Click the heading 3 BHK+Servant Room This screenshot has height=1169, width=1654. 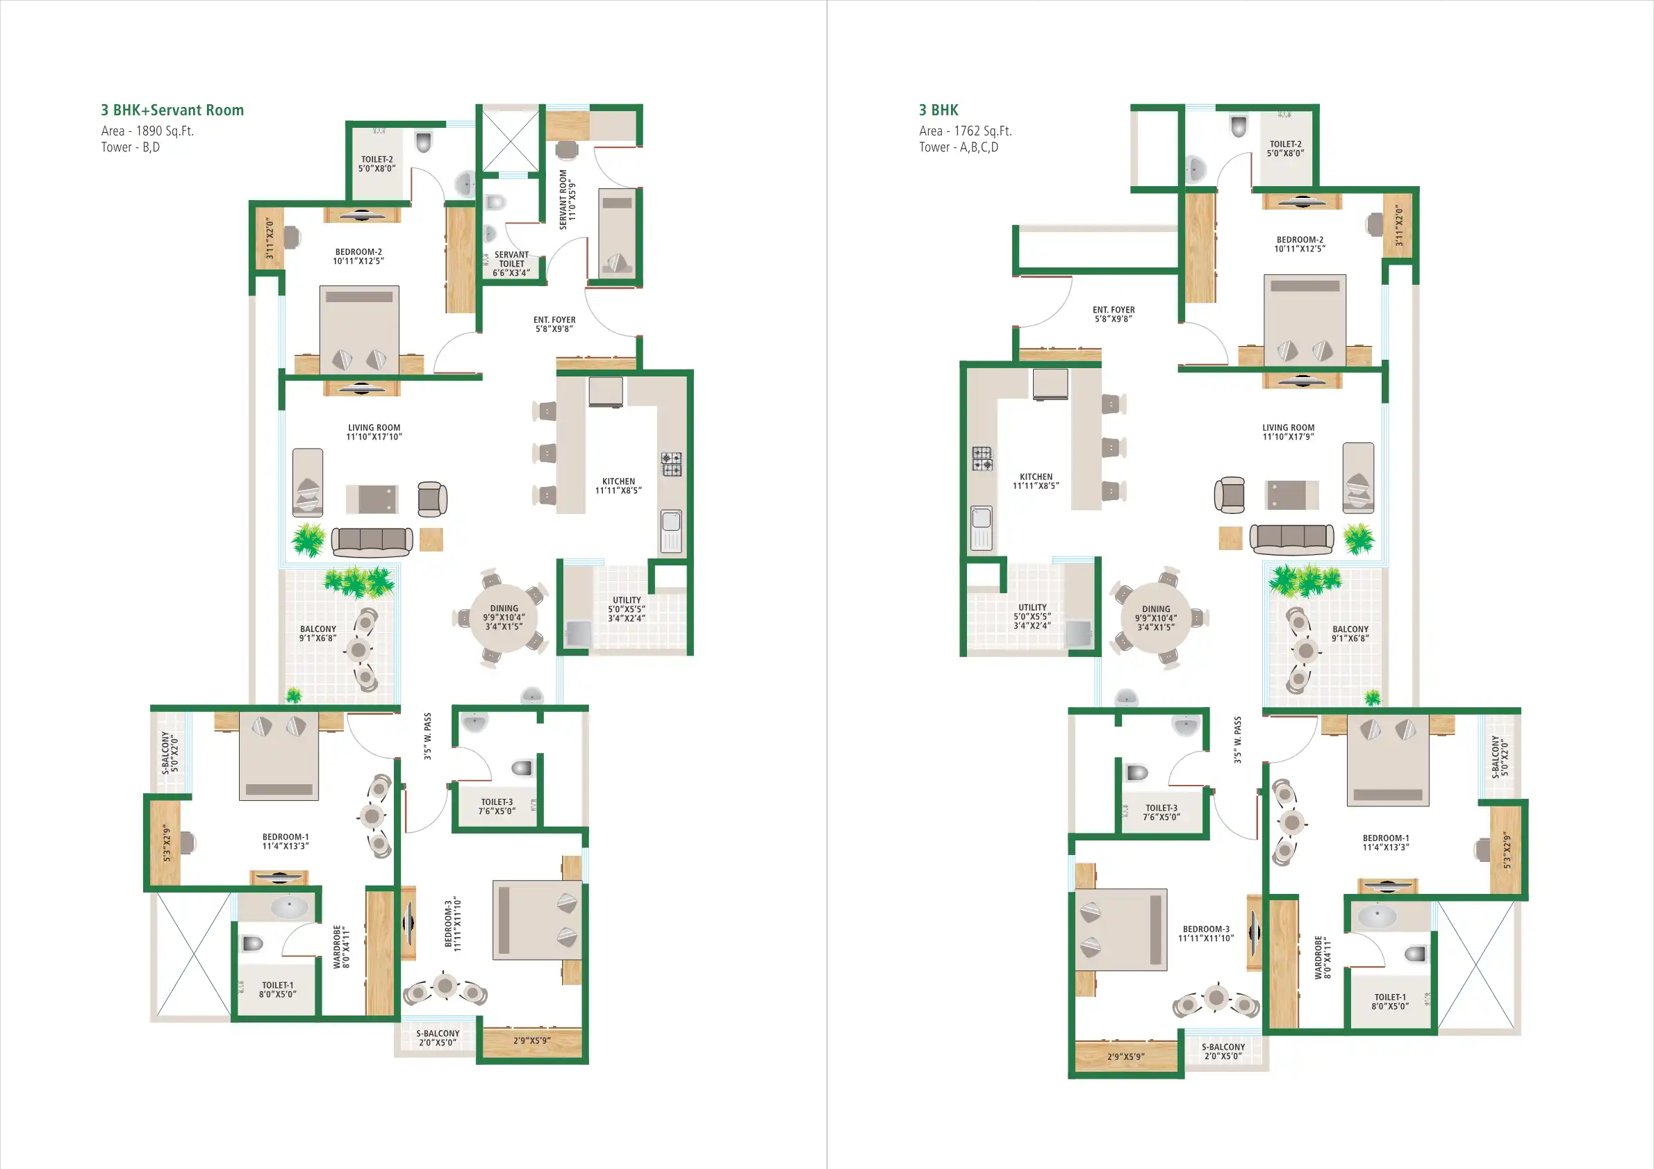[172, 110]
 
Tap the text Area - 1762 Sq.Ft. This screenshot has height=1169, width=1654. [965, 131]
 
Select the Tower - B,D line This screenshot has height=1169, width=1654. [131, 148]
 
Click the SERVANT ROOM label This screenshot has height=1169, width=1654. [568, 199]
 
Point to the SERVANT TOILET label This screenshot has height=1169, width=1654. [511, 264]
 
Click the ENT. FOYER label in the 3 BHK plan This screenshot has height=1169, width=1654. [1113, 314]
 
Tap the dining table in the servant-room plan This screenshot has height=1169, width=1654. [504, 617]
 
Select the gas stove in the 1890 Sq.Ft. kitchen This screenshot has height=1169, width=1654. [672, 464]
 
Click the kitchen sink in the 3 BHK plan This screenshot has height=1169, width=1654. [981, 528]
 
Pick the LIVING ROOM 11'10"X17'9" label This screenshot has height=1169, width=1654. [1288, 432]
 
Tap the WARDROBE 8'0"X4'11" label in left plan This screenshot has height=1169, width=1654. [342, 947]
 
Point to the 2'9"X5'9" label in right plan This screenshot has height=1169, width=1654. [1125, 1056]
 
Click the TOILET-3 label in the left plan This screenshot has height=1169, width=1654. [497, 806]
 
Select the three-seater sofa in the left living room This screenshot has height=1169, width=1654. [372, 542]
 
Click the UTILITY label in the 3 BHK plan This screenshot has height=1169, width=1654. [1032, 617]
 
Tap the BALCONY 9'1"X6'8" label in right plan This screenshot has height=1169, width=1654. [1350, 634]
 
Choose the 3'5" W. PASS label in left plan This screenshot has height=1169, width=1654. [427, 737]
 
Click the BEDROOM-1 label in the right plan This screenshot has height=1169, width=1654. [1385, 843]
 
